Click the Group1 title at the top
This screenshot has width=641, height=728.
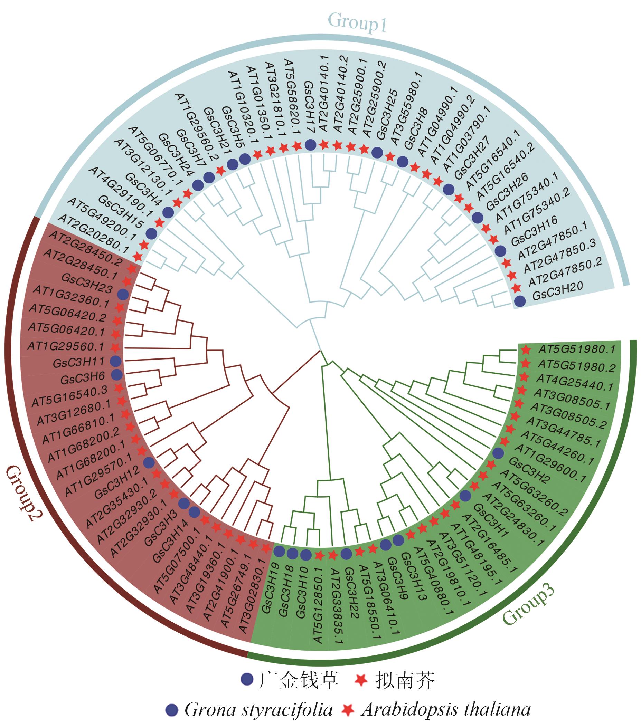pos(357,22)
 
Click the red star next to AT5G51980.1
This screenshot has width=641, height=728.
pos(525,350)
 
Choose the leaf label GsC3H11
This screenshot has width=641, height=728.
pos(79,363)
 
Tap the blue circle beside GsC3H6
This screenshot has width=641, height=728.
pos(116,374)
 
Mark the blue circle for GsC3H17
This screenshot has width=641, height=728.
pos(310,145)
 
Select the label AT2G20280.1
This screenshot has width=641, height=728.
pos(93,233)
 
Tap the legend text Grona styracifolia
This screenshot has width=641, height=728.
pos(259,709)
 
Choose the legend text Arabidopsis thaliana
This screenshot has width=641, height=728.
pos(445,709)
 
